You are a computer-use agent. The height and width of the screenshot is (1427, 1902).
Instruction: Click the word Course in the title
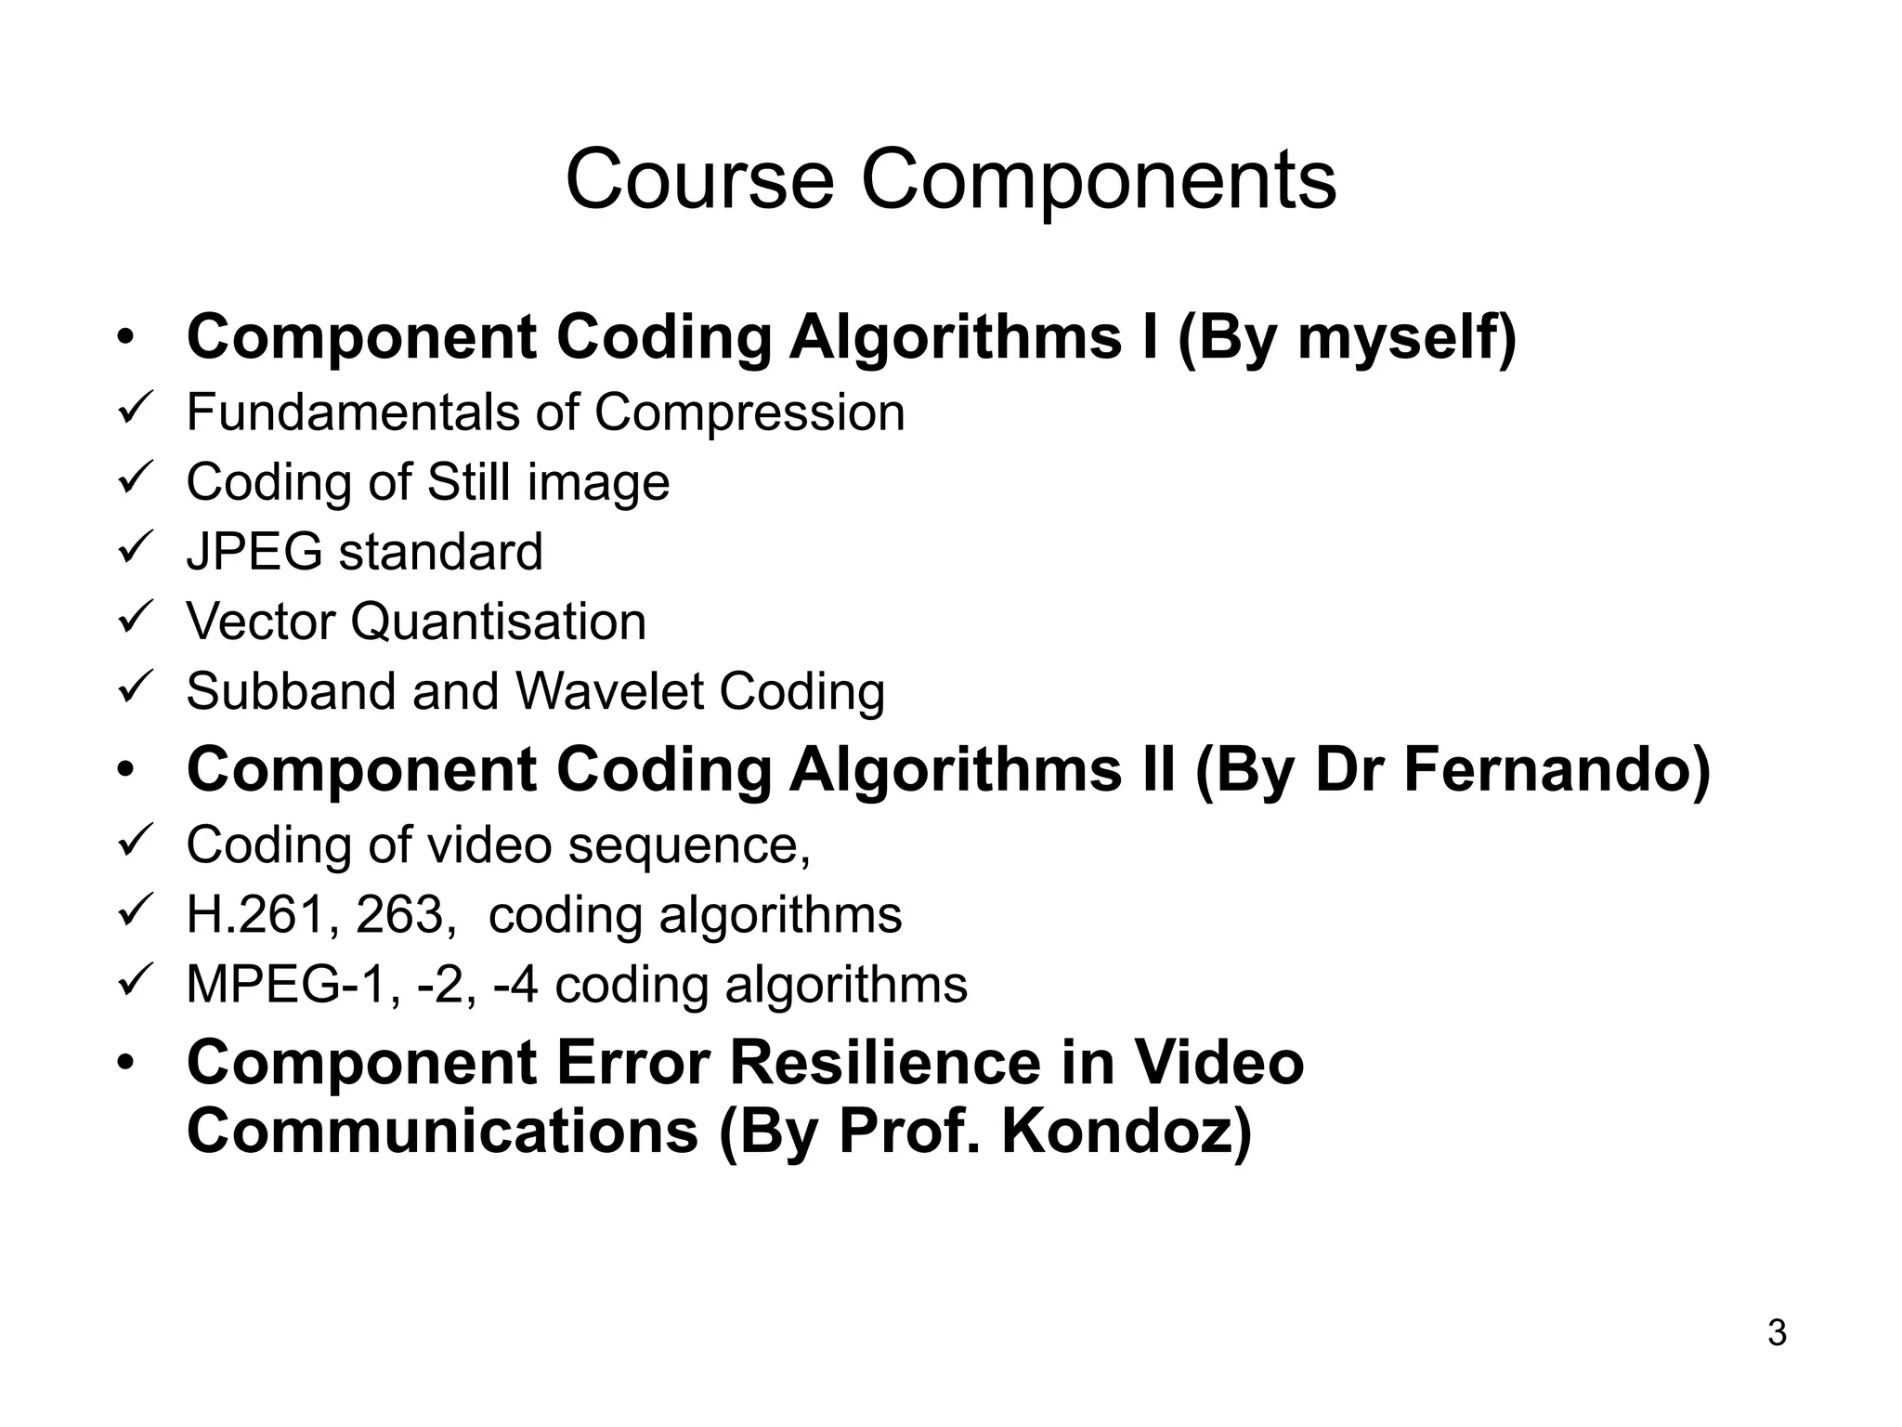point(699,179)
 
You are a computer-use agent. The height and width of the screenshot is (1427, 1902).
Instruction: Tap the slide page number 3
point(1777,1333)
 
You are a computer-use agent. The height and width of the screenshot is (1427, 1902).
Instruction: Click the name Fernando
point(1557,770)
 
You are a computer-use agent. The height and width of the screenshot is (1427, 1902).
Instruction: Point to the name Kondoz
point(1126,1132)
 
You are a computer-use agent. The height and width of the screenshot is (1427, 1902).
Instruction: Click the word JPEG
point(254,552)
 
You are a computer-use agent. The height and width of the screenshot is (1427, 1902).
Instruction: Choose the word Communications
point(442,1132)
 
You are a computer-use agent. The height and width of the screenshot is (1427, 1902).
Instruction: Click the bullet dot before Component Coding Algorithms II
point(126,771)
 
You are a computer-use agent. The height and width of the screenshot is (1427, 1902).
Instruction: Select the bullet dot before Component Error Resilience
point(126,1063)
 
